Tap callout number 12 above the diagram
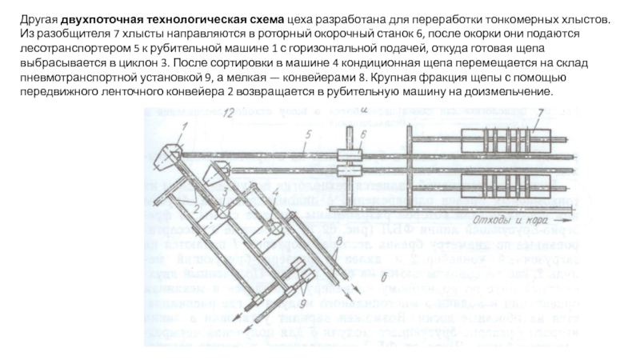click(230, 118)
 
